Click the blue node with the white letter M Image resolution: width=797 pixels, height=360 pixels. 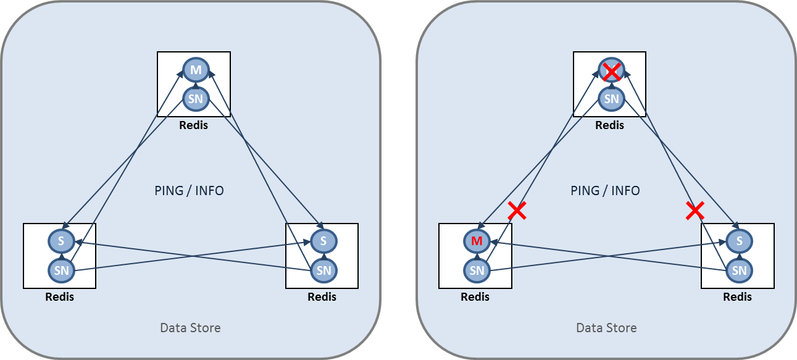[195, 70]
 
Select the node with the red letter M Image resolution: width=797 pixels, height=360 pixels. [476, 241]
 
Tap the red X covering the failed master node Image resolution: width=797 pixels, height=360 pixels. [611, 71]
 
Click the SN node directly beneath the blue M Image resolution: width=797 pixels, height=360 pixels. [195, 98]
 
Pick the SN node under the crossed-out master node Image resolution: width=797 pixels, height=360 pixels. [611, 98]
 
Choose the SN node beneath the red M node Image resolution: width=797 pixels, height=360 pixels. [476, 270]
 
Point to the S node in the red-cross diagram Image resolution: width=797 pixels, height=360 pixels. [739, 241]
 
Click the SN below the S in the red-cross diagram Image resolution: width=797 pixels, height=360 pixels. [739, 270]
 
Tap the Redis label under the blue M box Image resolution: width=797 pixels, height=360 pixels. [193, 125]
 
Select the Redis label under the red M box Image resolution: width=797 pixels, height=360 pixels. [475, 297]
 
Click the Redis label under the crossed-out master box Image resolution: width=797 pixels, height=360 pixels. [609, 125]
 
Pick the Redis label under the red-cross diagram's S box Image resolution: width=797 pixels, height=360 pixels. [737, 297]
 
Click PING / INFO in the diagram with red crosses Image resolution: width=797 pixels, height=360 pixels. [605, 191]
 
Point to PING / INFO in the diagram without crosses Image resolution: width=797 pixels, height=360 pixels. [189, 191]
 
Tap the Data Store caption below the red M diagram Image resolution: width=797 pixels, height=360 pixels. [606, 328]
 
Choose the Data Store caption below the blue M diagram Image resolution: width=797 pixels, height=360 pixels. [190, 328]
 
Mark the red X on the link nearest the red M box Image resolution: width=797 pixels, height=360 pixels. [517, 211]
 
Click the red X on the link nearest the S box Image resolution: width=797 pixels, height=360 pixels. [695, 211]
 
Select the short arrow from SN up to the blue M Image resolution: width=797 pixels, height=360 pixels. [195, 84]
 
